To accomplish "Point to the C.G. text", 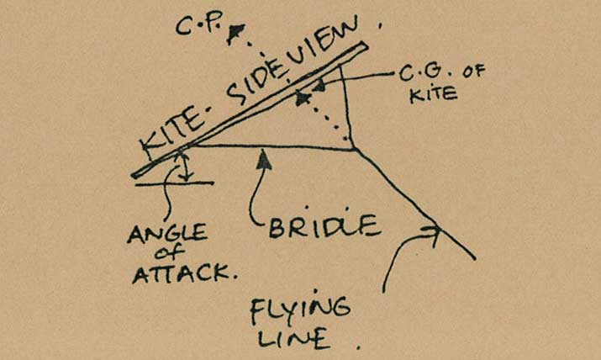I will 415,75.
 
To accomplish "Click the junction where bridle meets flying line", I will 355,150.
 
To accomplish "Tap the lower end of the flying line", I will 474,257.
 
